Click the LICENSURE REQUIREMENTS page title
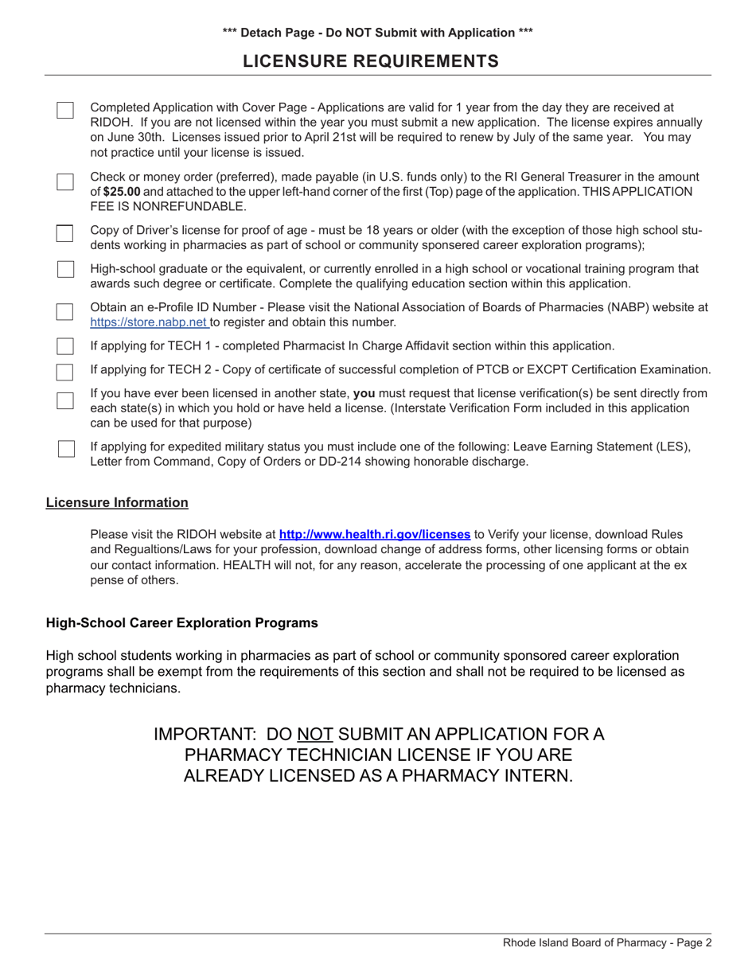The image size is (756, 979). (x=371, y=61)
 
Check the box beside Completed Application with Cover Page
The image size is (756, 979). (x=65, y=110)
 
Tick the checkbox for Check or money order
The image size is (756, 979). (x=65, y=181)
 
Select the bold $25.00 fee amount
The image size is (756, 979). (x=121, y=192)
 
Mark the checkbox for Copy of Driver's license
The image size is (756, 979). (x=65, y=232)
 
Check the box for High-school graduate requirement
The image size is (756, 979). (x=65, y=269)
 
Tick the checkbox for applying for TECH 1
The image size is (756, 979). (x=65, y=346)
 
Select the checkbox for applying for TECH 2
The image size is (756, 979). (x=65, y=371)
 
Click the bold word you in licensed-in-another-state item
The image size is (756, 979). (x=364, y=393)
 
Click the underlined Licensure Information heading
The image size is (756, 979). (x=117, y=502)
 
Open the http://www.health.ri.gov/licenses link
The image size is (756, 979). (x=374, y=535)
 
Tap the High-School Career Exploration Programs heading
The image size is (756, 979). (x=181, y=623)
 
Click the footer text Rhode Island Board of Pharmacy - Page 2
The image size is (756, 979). (x=607, y=943)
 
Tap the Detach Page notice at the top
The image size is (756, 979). (x=378, y=33)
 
